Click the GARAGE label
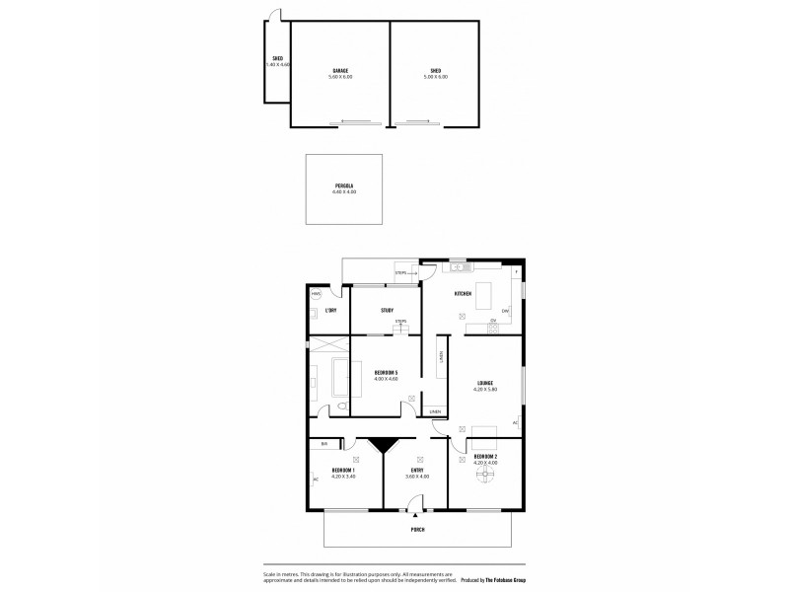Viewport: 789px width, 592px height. tap(340, 71)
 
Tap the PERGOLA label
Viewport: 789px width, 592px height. tap(344, 186)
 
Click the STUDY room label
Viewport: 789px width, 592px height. tap(388, 311)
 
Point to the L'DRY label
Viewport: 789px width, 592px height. tap(332, 311)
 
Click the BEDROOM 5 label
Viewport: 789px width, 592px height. tap(386, 372)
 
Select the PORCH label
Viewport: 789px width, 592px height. tap(419, 530)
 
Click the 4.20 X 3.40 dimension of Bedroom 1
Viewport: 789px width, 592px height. tap(343, 477)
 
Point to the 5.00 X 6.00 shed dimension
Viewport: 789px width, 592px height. tap(436, 77)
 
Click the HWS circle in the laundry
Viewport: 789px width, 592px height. tap(317, 294)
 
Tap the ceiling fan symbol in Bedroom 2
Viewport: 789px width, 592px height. tap(484, 474)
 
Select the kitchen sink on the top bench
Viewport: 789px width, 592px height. tap(458, 267)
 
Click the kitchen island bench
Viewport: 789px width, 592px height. tap(485, 293)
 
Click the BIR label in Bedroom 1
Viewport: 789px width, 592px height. tap(323, 444)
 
